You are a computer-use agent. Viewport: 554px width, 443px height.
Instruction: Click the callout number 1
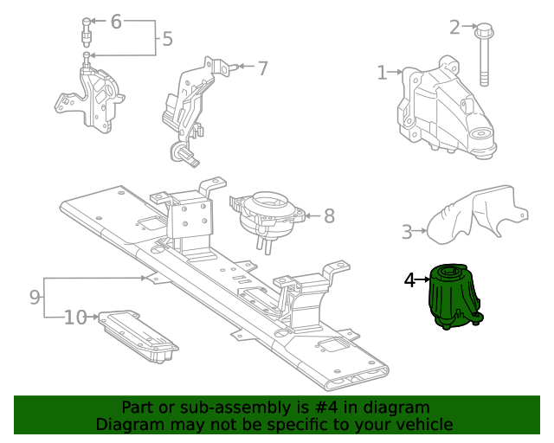382,73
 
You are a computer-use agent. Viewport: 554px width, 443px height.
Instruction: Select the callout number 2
454,26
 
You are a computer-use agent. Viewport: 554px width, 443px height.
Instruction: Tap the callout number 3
407,231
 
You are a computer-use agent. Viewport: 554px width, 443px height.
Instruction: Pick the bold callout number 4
409,279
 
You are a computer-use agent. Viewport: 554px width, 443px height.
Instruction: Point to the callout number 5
167,39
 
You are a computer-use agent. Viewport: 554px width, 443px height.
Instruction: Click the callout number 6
116,22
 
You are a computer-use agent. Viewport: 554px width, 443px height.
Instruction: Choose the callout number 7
262,68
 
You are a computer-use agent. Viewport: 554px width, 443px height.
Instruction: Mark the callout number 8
329,215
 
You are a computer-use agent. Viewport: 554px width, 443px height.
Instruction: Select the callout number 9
35,298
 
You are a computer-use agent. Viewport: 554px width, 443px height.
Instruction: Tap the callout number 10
75,318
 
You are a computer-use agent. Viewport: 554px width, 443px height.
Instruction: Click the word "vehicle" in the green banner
423,424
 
